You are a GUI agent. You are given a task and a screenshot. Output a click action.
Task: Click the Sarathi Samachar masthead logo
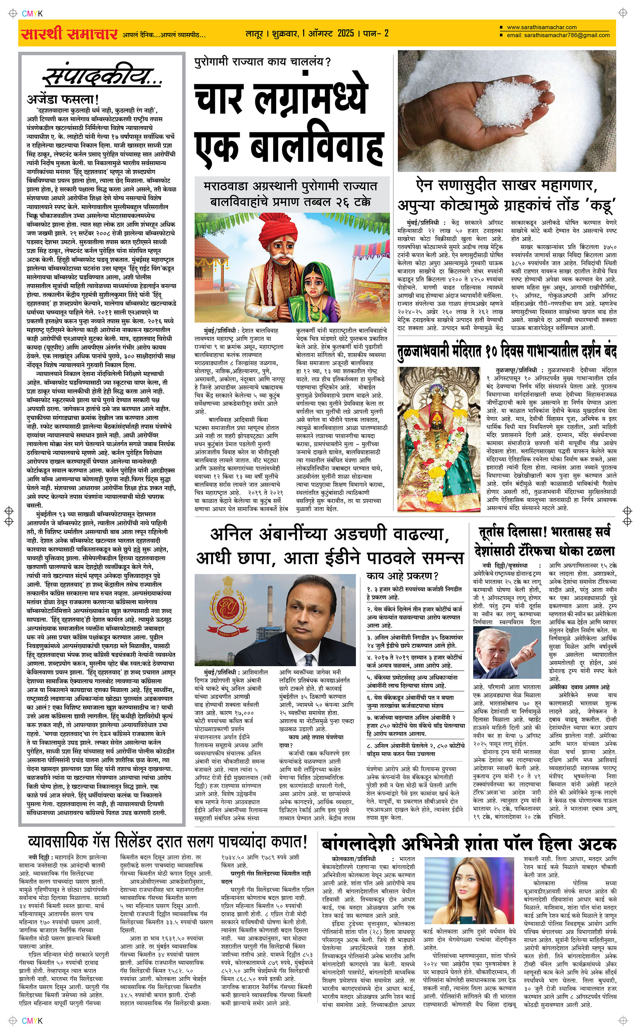pos(69,33)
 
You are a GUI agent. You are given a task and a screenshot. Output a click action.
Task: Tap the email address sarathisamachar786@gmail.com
pos(566,35)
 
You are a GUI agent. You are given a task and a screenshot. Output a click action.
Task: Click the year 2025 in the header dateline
pos(345,33)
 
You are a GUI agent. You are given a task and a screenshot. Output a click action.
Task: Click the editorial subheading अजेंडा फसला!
pos(63,99)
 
